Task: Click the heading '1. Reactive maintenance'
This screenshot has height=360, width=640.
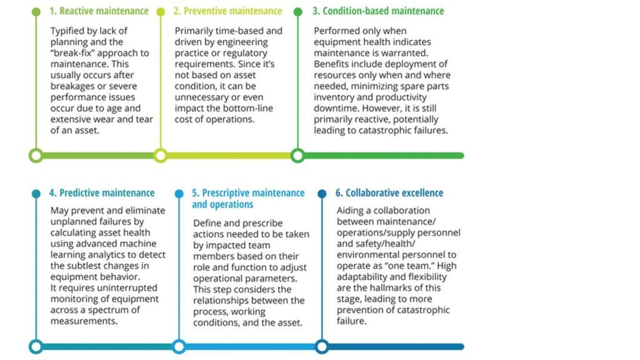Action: pos(99,11)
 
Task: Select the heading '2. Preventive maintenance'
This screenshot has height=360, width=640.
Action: pos(227,11)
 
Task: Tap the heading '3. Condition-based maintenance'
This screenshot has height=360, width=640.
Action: pos(378,11)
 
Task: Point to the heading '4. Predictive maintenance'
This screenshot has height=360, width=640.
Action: pos(102,193)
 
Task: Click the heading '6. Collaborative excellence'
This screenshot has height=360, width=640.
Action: pos(389,193)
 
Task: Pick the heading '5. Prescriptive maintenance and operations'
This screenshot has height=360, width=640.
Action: pos(248,199)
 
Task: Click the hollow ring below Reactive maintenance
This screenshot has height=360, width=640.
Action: pos(36,155)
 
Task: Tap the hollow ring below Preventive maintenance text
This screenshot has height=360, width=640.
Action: pos(161,155)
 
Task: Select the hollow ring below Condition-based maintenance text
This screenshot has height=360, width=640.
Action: pos(297,155)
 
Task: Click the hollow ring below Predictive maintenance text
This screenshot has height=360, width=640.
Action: pos(36,346)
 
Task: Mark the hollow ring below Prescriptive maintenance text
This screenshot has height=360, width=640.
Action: pos(179,346)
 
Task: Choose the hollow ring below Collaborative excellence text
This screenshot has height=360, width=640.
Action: pos(322,346)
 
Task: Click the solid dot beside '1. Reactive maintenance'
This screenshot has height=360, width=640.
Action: pos(36,11)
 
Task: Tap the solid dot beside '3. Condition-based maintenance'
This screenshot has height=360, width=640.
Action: pos(297,11)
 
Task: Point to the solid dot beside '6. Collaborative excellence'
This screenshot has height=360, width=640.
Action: pos(322,194)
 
